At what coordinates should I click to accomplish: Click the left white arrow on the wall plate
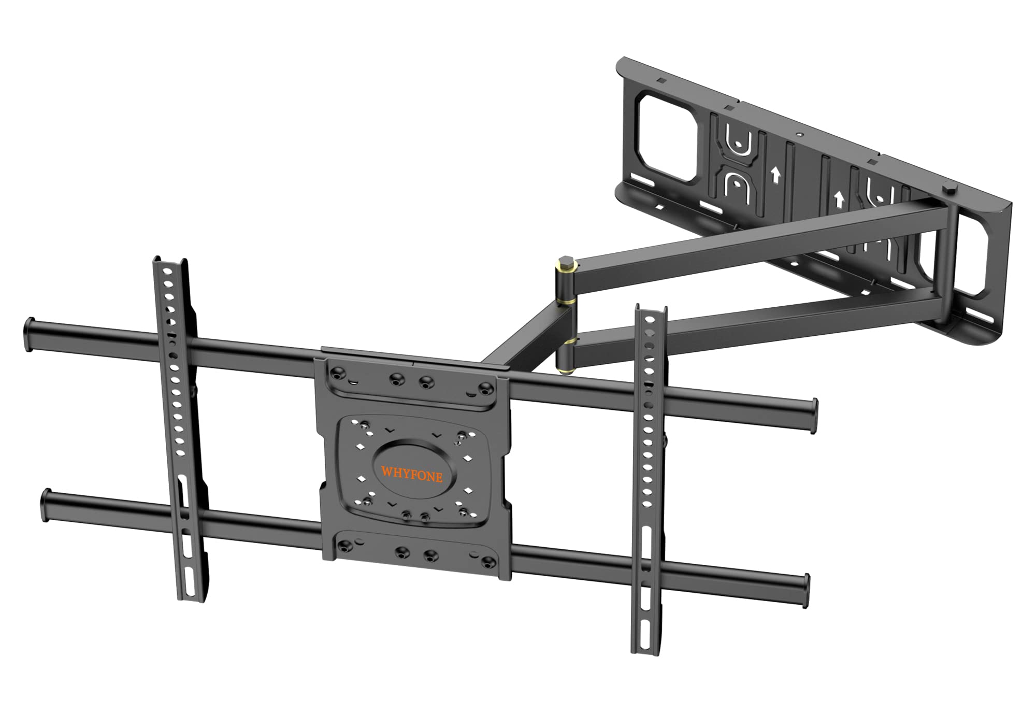775,176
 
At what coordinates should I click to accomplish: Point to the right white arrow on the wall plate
838,198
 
